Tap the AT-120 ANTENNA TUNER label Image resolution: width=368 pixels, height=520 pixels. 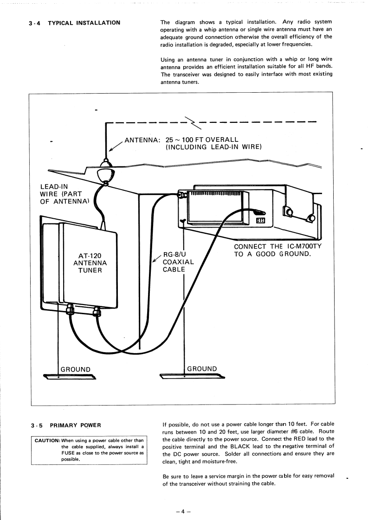tap(90, 263)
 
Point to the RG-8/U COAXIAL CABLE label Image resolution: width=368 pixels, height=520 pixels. tap(178, 262)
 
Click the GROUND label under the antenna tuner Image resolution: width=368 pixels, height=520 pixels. tap(76, 369)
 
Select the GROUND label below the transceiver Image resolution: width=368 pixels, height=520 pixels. tap(202, 369)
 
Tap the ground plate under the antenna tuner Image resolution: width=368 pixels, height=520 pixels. tap(70, 376)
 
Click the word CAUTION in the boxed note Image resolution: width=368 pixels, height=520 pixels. tap(47, 440)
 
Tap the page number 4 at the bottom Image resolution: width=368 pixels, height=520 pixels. tap(183, 499)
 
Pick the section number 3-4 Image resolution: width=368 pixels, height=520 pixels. tap(36, 23)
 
